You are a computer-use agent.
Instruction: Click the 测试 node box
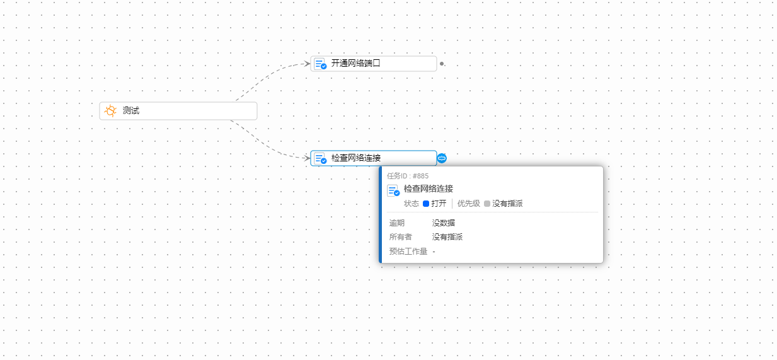coord(178,111)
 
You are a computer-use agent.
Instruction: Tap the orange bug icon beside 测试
coord(110,111)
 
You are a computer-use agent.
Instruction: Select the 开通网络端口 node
coord(374,64)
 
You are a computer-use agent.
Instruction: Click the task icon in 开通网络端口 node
coord(321,64)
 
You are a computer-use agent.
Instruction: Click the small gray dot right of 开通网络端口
coord(442,64)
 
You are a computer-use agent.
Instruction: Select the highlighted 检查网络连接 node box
coord(374,158)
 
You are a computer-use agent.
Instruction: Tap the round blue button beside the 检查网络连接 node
coord(442,158)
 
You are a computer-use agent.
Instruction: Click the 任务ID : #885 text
coord(408,176)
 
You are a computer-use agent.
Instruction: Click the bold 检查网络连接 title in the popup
coord(429,189)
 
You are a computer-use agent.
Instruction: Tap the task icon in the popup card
coord(393,191)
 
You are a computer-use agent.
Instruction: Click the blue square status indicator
coord(426,204)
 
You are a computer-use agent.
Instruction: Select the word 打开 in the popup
coord(439,204)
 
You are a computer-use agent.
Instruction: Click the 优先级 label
coord(468,204)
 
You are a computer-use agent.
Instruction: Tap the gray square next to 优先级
coord(487,204)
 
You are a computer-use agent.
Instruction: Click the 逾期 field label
coord(397,223)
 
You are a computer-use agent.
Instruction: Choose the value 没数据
coord(444,223)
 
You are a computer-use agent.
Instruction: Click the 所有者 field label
coord(401,237)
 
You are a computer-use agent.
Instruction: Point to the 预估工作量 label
coord(408,252)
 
